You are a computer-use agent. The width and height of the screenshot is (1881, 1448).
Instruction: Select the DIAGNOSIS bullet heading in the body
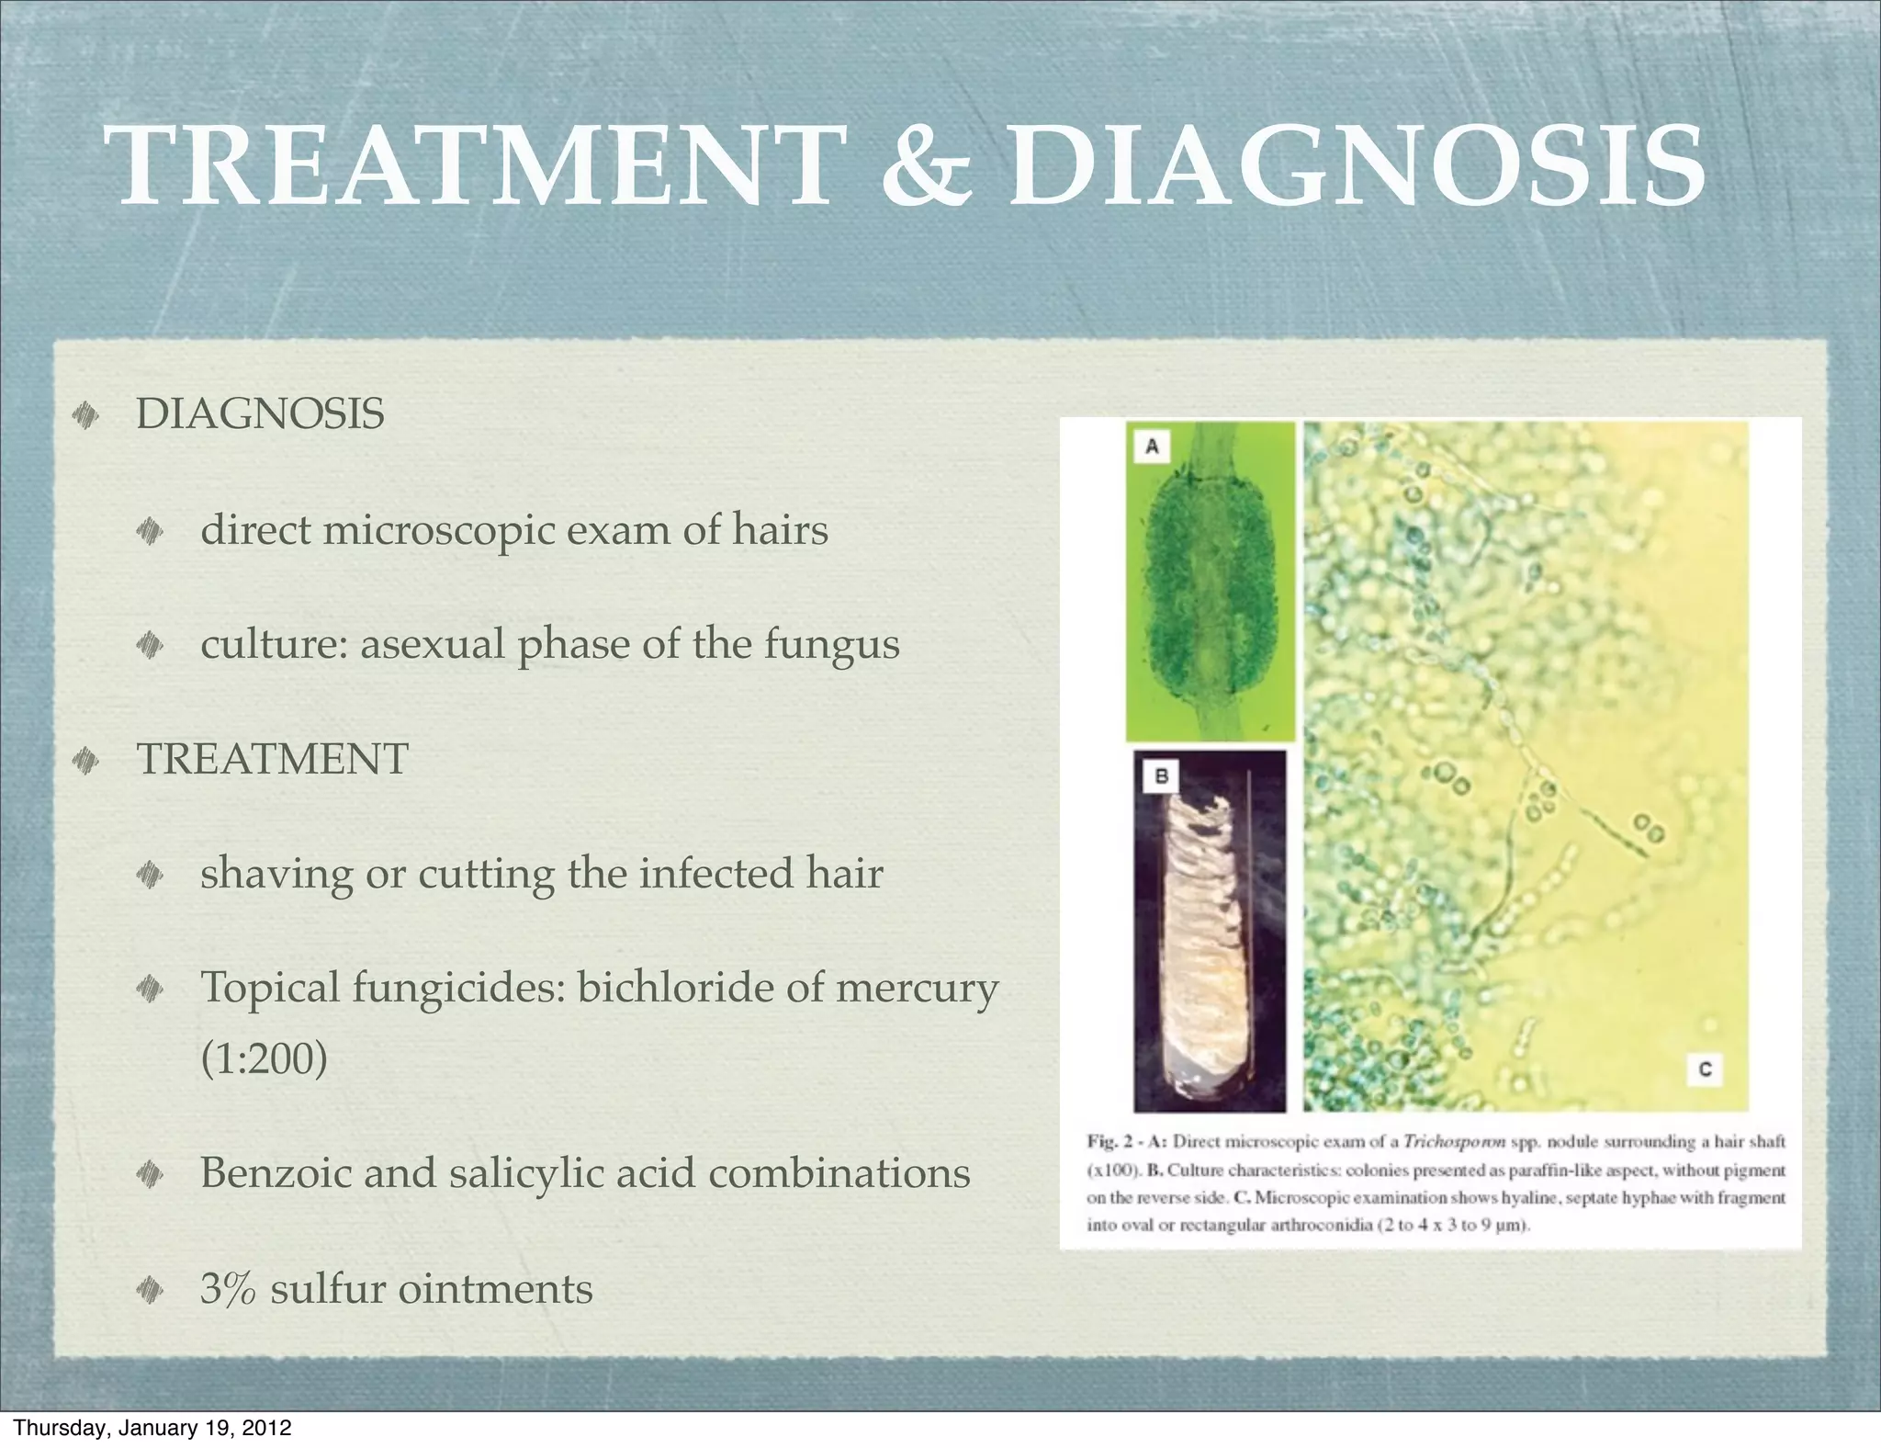260,414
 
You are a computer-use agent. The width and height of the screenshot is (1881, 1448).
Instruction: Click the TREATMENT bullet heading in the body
272,759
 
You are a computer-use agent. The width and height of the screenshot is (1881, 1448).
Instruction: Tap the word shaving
276,874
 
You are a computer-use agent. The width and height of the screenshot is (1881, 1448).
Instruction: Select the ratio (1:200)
264,1059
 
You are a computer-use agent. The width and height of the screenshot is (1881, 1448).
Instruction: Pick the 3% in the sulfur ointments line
228,1288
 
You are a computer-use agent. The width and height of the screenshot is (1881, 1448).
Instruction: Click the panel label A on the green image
1152,447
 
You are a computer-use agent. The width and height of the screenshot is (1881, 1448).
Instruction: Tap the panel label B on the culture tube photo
1161,777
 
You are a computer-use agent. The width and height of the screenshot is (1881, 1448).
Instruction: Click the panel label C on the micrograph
1705,1069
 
